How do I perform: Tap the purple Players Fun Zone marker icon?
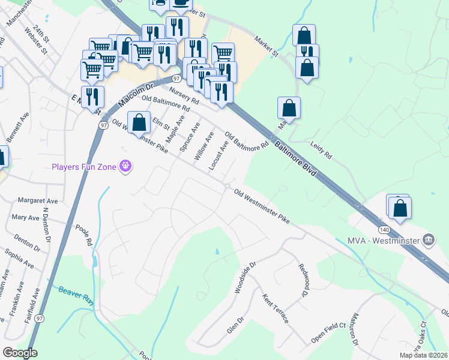(x=125, y=166)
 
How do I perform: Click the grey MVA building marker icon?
(x=429, y=241)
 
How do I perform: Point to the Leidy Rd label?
(x=321, y=149)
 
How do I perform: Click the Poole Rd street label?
(x=83, y=235)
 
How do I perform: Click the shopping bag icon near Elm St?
(x=139, y=122)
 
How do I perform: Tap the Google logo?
(x=20, y=353)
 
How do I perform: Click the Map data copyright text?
(x=423, y=355)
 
